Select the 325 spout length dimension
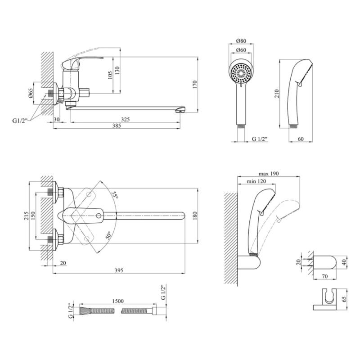126,119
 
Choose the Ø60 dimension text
242,50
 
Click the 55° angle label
115,195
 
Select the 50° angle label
109,236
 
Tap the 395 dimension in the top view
118,270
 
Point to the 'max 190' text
268,174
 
